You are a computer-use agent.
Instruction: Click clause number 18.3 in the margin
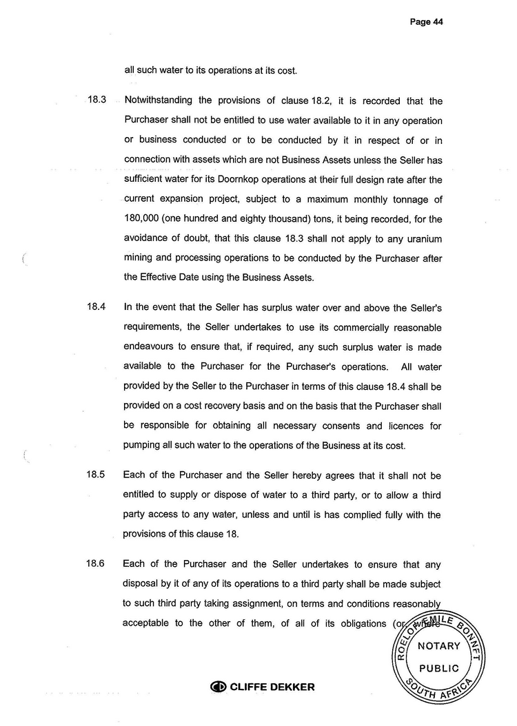point(96,101)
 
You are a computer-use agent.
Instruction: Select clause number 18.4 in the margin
point(96,307)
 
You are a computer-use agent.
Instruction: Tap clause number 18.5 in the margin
point(96,475)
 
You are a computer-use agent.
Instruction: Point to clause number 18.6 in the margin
point(96,565)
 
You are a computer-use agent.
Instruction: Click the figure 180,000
point(143,220)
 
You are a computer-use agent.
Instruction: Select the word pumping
point(143,446)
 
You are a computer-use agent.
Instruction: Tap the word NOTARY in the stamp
point(439,646)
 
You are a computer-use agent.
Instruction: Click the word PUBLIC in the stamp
point(439,668)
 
